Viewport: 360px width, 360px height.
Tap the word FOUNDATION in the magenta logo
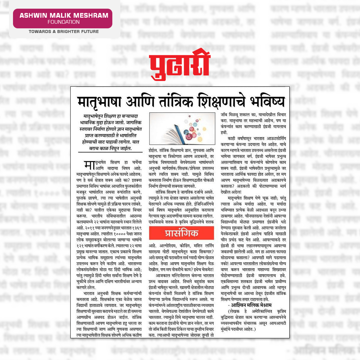coord(63,22)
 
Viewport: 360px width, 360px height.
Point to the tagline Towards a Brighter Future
coord(63,32)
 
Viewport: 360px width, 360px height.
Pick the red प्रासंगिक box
coord(181,233)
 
